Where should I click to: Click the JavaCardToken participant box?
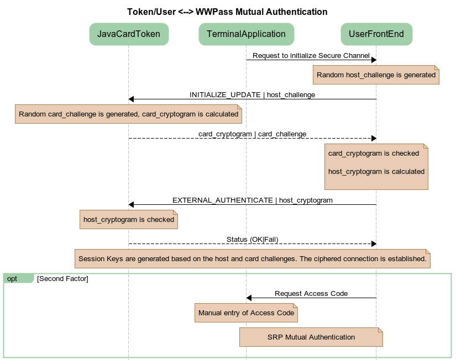point(129,34)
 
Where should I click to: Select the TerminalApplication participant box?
point(246,34)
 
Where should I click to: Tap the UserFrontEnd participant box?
point(376,34)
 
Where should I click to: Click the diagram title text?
point(227,12)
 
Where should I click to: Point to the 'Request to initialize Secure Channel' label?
point(311,56)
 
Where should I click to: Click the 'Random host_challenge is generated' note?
point(376,75)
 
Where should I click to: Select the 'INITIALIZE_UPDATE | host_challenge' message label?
point(252,95)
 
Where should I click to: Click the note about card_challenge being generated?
point(128,114)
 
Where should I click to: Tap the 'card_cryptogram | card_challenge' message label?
point(252,134)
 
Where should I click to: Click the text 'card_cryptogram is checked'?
point(374,153)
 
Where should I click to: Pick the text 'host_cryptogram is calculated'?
point(376,172)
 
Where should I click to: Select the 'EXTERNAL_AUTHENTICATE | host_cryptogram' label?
point(252,200)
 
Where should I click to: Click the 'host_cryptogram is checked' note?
point(129,220)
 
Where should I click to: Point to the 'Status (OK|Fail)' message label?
point(252,240)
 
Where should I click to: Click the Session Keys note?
point(252,259)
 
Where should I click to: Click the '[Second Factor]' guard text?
point(62,279)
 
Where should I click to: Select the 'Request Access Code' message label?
point(311,294)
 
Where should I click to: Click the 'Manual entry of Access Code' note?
point(246,313)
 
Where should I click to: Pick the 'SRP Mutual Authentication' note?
point(311,337)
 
